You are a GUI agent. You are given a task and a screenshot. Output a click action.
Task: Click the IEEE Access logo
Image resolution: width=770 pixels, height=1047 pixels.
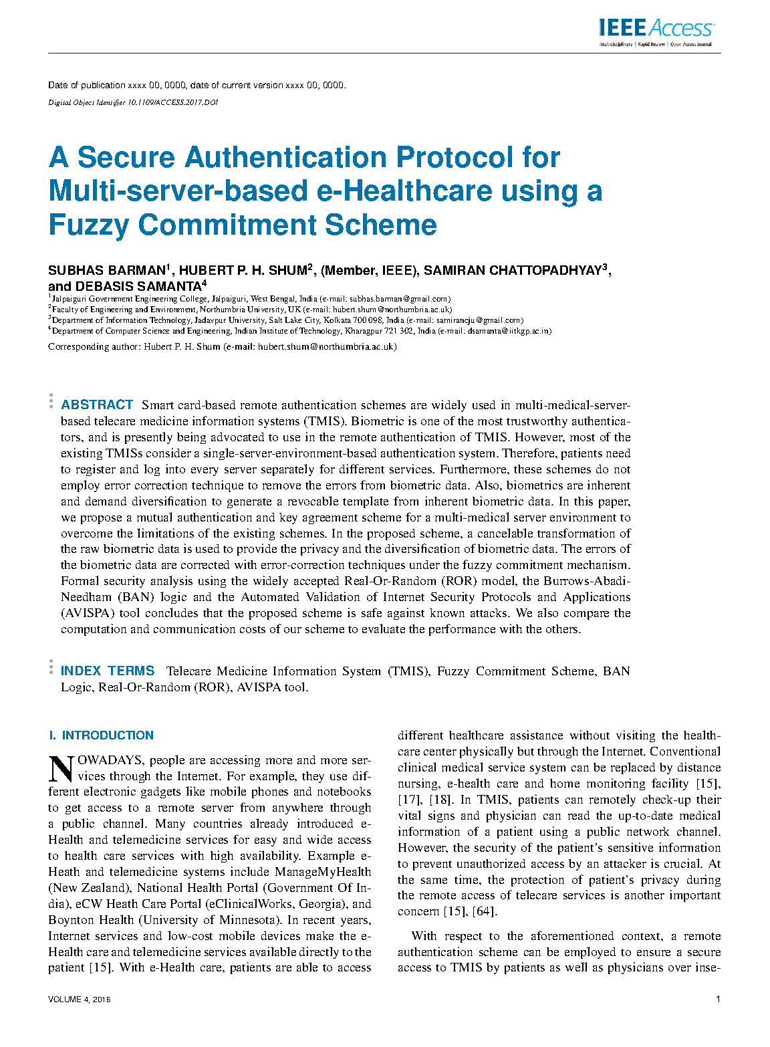(x=656, y=31)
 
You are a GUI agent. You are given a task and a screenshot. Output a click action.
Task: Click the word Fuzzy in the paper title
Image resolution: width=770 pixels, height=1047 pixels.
(x=88, y=225)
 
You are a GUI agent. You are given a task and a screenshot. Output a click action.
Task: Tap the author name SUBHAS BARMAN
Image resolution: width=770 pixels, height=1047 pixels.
(x=106, y=271)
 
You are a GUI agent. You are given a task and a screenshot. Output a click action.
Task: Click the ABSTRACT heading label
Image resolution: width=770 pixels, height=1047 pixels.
(x=97, y=404)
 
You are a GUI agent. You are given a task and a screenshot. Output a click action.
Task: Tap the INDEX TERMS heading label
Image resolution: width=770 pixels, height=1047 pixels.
(x=107, y=671)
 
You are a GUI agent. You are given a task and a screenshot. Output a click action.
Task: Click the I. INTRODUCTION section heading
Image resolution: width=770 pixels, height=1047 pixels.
(x=101, y=735)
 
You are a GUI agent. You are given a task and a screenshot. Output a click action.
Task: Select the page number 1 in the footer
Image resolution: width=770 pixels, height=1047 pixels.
(x=718, y=1000)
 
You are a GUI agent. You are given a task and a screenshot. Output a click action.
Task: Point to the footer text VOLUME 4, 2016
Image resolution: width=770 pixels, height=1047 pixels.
(x=79, y=1000)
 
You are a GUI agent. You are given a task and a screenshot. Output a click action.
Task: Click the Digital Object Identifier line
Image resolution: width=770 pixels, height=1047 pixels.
(x=133, y=103)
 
